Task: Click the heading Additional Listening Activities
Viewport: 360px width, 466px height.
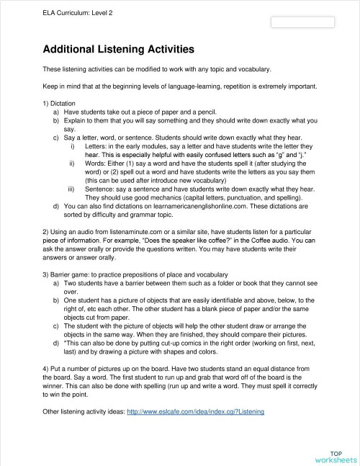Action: point(119,50)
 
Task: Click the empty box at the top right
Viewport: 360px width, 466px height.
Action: point(302,22)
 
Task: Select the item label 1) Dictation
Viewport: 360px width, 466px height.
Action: point(59,104)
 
